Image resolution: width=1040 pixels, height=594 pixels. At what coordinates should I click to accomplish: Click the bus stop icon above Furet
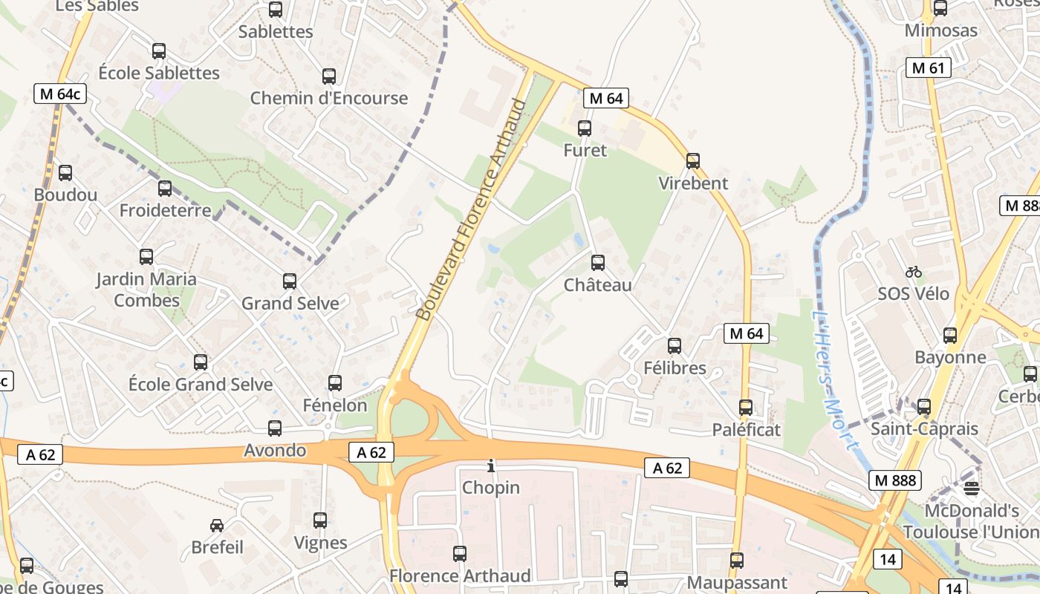(585, 128)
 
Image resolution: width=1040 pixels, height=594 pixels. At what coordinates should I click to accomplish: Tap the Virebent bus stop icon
(693, 160)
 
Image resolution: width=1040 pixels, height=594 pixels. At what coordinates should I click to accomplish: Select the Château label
(597, 285)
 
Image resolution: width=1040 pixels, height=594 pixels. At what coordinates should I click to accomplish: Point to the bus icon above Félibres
(675, 346)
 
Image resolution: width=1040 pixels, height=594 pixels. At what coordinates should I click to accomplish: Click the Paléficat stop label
(746, 430)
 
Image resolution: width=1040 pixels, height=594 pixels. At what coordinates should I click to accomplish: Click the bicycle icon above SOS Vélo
(914, 272)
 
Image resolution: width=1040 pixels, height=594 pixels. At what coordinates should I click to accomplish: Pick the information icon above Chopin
(490, 466)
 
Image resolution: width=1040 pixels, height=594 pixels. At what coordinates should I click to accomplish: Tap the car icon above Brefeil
(217, 526)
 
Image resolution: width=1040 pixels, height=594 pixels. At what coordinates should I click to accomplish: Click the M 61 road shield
(929, 68)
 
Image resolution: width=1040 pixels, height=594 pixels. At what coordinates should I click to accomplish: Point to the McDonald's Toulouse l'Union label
(972, 522)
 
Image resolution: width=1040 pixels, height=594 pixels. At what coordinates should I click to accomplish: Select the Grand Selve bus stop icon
(290, 281)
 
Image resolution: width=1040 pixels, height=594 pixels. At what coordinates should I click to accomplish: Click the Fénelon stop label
(335, 405)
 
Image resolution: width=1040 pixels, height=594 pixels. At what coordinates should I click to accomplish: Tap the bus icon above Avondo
(275, 428)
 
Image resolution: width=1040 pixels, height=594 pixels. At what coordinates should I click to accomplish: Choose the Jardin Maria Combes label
(146, 290)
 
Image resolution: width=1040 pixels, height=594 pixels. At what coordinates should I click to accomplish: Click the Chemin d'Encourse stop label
(329, 98)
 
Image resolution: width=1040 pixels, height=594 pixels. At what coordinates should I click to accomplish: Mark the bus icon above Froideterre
(165, 189)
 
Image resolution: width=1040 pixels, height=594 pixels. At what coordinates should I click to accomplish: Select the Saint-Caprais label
(924, 429)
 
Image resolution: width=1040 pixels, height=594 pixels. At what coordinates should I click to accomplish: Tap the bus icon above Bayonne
(950, 336)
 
